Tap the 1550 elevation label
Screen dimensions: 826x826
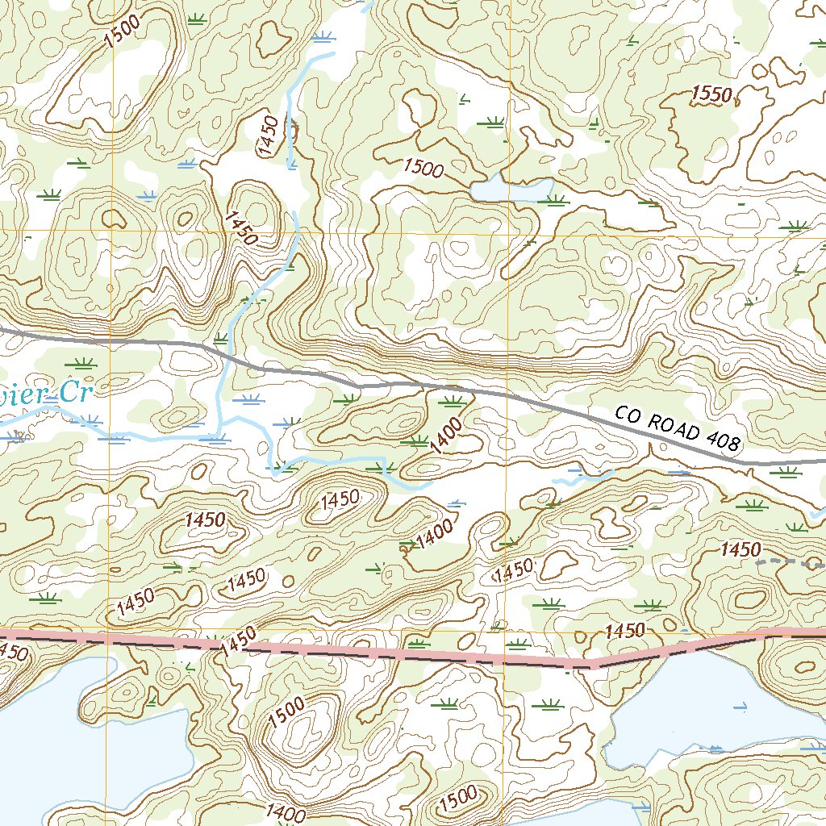pyautogui.click(x=711, y=94)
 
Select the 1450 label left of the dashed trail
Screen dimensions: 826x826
pyautogui.click(x=740, y=550)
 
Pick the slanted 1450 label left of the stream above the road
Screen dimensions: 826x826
pyautogui.click(x=240, y=228)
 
